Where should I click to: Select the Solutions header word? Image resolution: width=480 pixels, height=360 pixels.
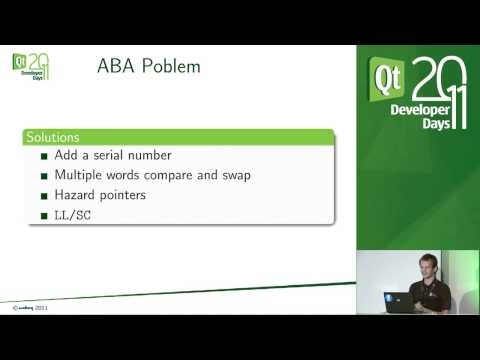pyautogui.click(x=54, y=136)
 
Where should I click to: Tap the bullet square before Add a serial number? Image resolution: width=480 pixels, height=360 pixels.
pyautogui.click(x=44, y=156)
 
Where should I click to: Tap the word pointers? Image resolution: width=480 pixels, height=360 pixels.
pyautogui.click(x=124, y=196)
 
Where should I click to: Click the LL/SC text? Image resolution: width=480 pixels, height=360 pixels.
pyautogui.click(x=73, y=215)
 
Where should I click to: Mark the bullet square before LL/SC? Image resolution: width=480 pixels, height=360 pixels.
pyautogui.click(x=44, y=216)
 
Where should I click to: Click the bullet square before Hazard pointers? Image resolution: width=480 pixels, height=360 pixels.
pyautogui.click(x=44, y=196)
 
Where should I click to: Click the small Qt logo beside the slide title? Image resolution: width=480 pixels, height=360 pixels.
pyautogui.click(x=19, y=62)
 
